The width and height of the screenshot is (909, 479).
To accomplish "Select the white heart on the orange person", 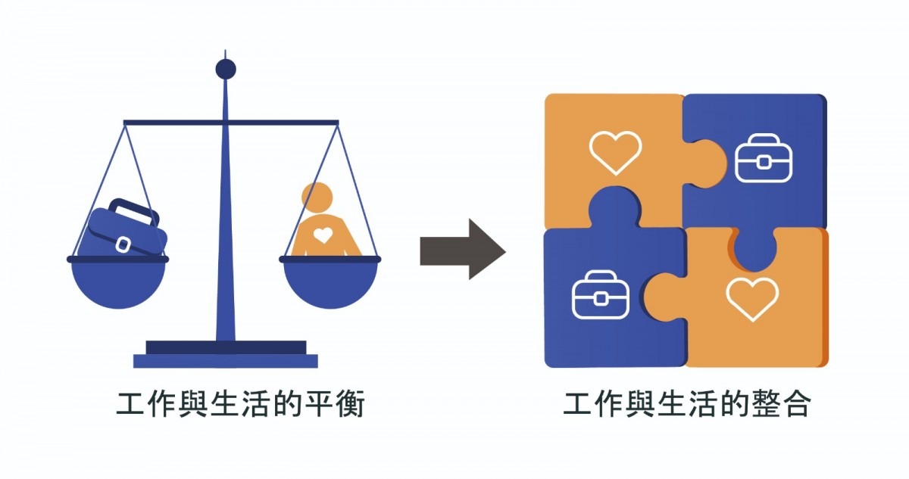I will pyautogui.click(x=323, y=235).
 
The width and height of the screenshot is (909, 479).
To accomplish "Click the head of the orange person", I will pyautogui.click(x=317, y=198).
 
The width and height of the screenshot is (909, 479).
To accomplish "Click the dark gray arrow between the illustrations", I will pyautogui.click(x=461, y=249).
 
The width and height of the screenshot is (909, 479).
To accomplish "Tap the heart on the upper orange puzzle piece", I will pyautogui.click(x=615, y=152).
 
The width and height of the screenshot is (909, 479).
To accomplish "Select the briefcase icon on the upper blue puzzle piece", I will pyautogui.click(x=763, y=158).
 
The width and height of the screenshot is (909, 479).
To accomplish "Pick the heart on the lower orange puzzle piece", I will pyautogui.click(x=751, y=298).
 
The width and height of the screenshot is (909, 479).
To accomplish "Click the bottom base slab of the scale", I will pyautogui.click(x=226, y=361).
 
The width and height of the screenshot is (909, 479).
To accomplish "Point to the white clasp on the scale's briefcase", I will pyautogui.click(x=123, y=244).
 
